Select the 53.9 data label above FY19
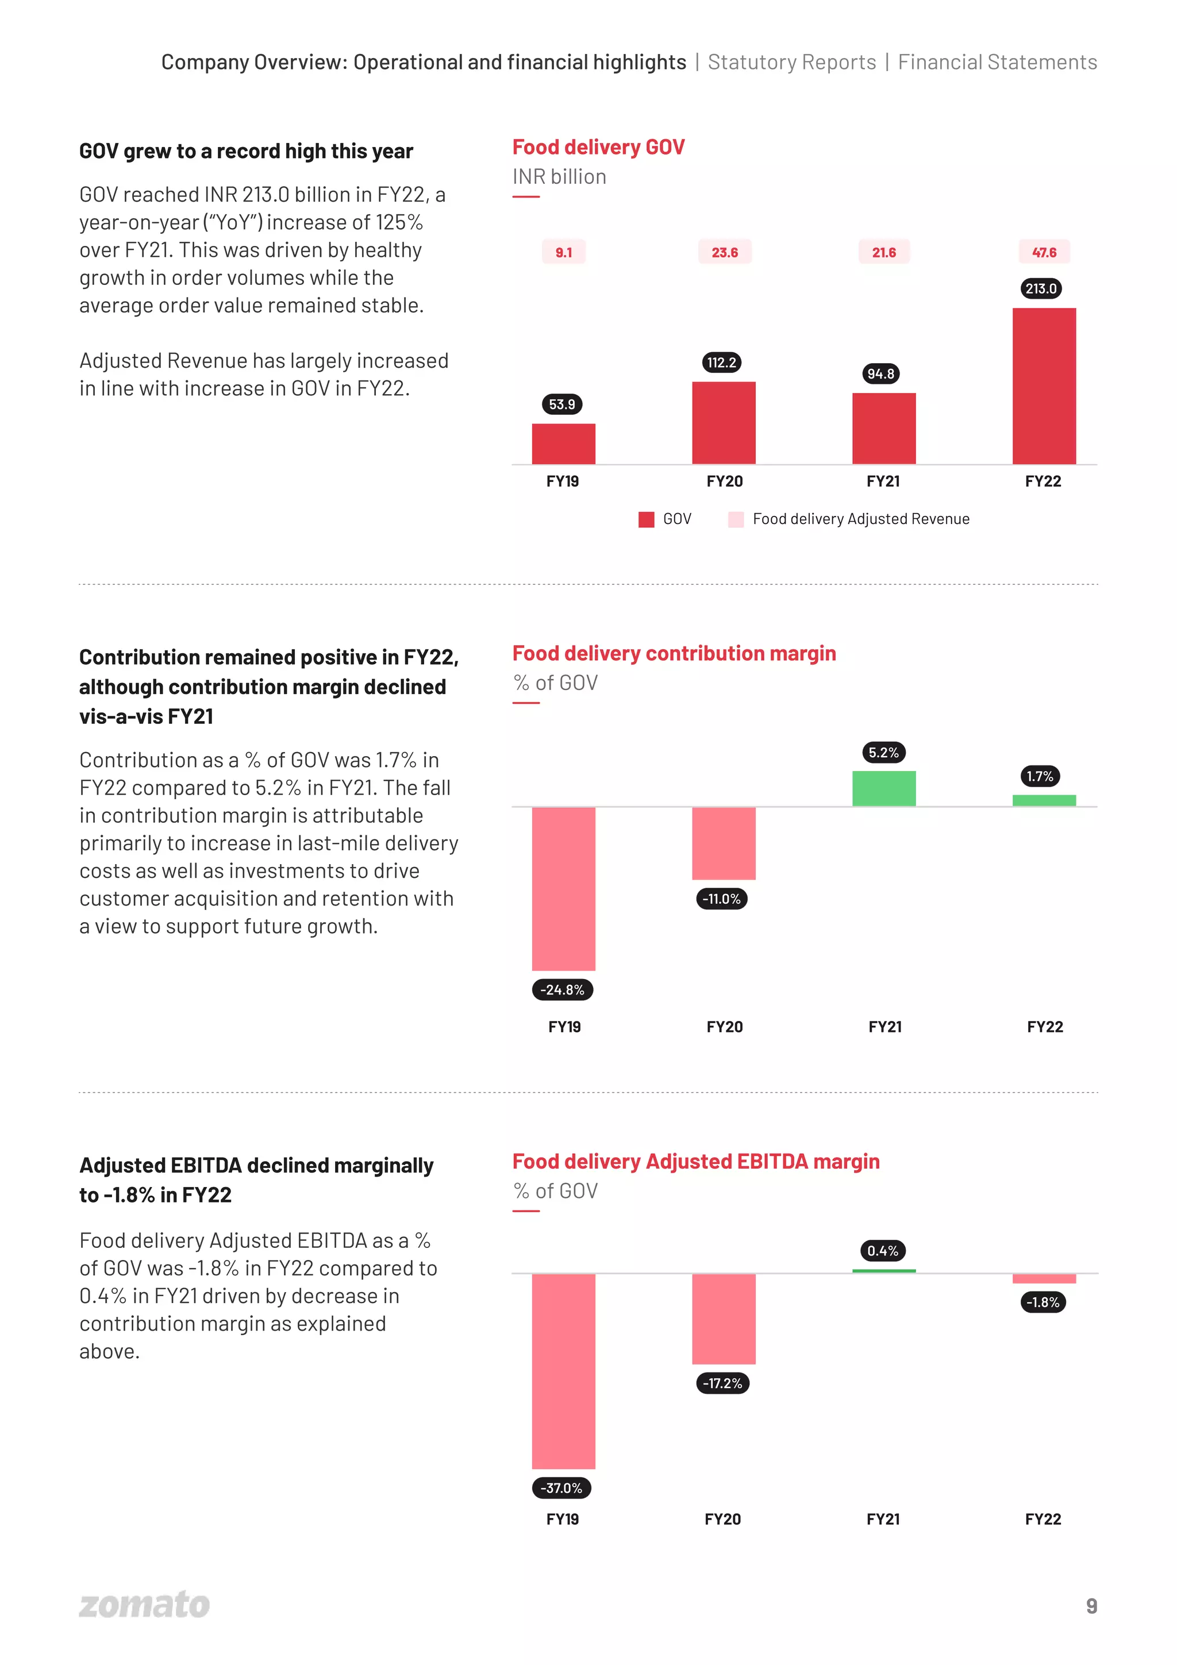click(562, 404)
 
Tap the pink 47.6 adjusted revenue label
click(1044, 252)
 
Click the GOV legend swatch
click(646, 519)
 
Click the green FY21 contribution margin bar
click(883, 788)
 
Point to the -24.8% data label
click(562, 989)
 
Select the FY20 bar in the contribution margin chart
click(723, 843)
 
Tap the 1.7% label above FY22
click(1039, 776)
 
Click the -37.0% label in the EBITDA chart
click(561, 1487)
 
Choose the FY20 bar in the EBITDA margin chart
click(723, 1319)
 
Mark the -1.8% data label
click(1042, 1302)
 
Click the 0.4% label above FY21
click(883, 1250)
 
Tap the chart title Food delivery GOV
click(598, 147)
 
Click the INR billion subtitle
click(559, 177)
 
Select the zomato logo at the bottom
click(144, 1604)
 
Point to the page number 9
click(1091, 1605)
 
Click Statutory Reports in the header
click(791, 63)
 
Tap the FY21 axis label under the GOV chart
click(883, 481)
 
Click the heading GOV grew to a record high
click(246, 151)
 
